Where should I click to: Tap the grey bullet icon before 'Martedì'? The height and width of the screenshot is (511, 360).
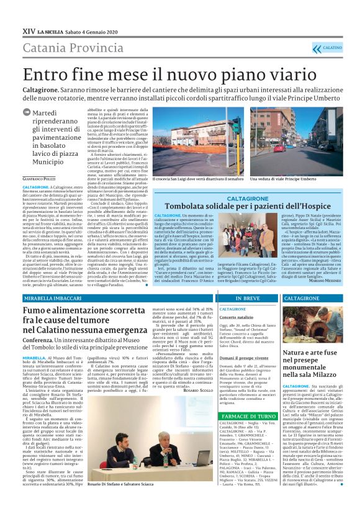coord(41,112)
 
